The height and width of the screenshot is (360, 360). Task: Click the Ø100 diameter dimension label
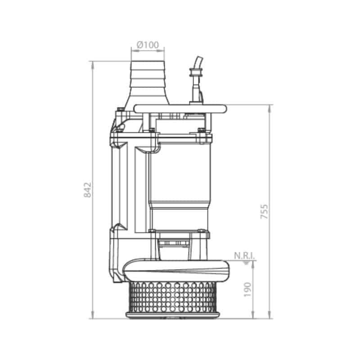(x=148, y=45)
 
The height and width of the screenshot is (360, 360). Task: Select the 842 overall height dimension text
(x=87, y=190)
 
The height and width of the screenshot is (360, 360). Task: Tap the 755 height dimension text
(x=264, y=211)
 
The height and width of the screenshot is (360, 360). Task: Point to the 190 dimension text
(x=248, y=289)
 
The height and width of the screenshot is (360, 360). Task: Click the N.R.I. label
(x=244, y=256)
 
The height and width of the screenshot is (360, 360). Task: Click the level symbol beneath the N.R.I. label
(x=246, y=262)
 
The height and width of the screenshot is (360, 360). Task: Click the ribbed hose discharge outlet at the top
(x=148, y=83)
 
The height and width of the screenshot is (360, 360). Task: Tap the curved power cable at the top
(x=198, y=63)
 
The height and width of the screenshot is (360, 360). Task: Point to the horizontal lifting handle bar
(x=180, y=109)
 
